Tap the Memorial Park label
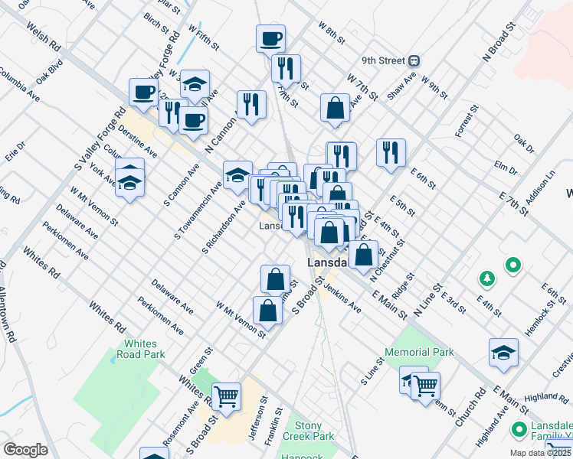420,353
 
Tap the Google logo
25,450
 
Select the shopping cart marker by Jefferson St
226,396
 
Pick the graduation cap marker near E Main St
503,353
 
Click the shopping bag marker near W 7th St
336,108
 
